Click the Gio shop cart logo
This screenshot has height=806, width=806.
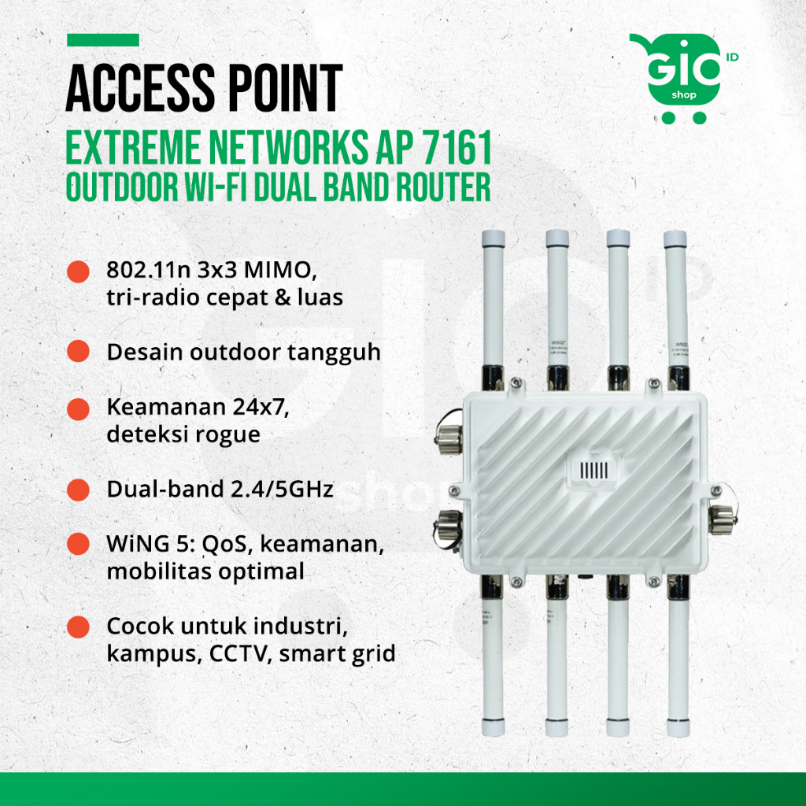point(677,77)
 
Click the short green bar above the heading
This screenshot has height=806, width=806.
point(103,40)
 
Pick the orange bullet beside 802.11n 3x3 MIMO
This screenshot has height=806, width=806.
point(77,272)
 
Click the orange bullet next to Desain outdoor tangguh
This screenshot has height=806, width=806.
point(77,351)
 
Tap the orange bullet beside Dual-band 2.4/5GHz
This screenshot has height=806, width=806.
point(77,489)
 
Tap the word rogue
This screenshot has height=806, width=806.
point(228,434)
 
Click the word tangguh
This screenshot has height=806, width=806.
point(336,352)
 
